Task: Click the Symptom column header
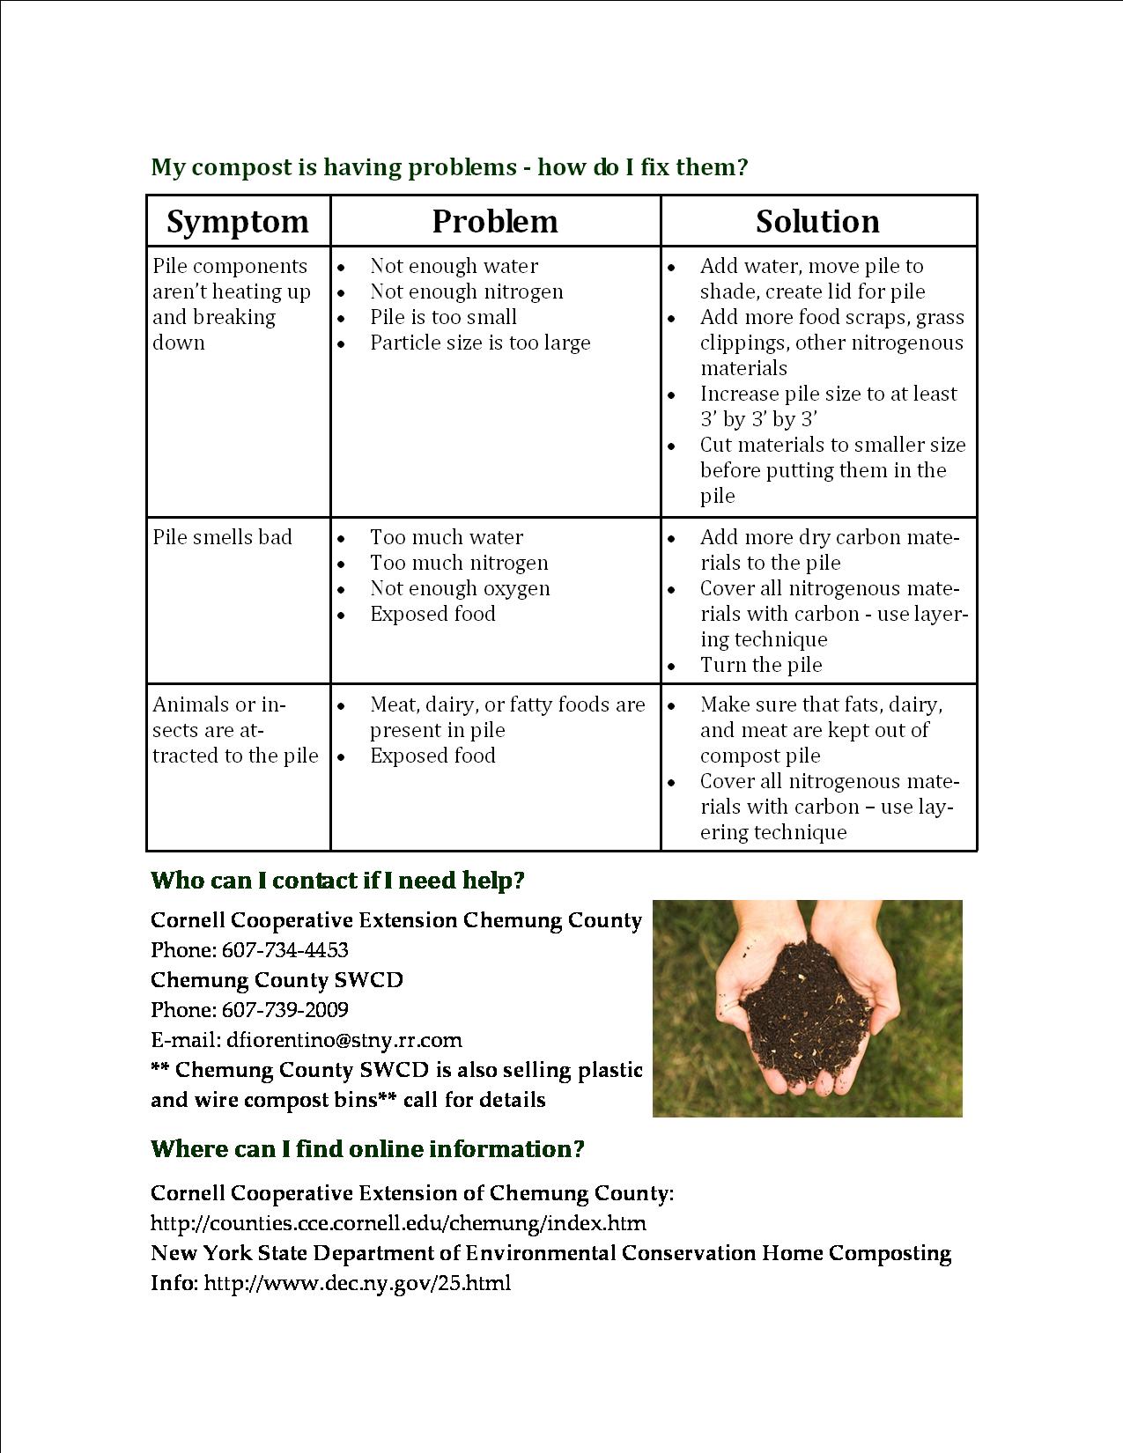238,222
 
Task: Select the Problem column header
495,222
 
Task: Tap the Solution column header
817,222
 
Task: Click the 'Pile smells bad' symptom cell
222,538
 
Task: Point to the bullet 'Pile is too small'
443,317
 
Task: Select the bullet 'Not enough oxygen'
460,589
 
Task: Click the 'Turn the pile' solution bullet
761,666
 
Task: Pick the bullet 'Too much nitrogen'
459,564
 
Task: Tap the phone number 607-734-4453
284,950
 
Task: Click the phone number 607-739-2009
284,1010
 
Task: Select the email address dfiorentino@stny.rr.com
344,1040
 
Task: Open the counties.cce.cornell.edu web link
398,1223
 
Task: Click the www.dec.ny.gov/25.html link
357,1283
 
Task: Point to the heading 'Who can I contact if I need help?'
337,881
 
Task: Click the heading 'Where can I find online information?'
367,1149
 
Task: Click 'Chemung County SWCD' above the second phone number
277,980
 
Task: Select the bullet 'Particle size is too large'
480,343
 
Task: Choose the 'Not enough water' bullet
454,266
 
